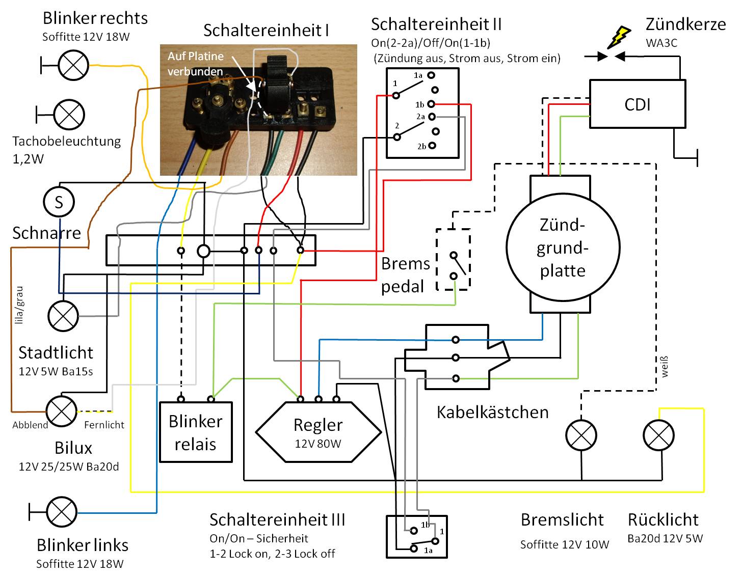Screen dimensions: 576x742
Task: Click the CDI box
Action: (x=637, y=104)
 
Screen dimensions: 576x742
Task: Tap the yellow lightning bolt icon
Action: (x=618, y=37)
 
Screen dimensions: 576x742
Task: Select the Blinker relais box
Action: (x=196, y=432)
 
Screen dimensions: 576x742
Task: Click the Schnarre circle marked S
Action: (x=59, y=202)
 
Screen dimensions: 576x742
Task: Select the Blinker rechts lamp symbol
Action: (x=73, y=65)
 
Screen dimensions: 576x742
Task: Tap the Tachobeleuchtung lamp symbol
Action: (x=69, y=114)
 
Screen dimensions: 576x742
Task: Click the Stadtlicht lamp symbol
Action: (x=63, y=316)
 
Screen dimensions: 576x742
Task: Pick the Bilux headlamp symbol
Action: (x=62, y=411)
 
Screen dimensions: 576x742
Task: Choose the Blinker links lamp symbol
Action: (x=62, y=512)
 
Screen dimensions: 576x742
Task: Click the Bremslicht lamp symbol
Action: (x=581, y=435)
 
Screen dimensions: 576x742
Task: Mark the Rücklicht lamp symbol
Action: (x=658, y=435)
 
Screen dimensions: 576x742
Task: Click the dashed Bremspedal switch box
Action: (x=453, y=260)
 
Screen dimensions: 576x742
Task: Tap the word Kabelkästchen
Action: (x=492, y=412)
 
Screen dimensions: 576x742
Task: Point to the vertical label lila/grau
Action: (x=19, y=305)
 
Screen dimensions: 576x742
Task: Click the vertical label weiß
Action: (x=664, y=367)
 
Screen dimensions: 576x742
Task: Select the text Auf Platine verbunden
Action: (x=195, y=64)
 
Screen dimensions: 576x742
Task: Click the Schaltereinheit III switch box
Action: (x=417, y=536)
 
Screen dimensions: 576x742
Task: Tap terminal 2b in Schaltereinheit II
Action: (x=432, y=146)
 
